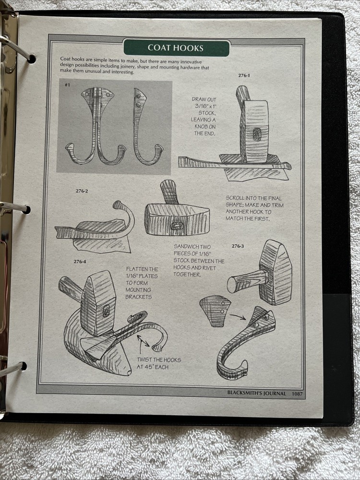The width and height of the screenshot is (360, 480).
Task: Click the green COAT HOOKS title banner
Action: [x=176, y=48]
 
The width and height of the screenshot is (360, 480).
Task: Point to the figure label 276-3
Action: [x=238, y=246]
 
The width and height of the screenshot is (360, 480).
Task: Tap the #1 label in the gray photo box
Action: [x=68, y=85]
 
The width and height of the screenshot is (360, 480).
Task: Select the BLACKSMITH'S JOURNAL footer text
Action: [x=257, y=393]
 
